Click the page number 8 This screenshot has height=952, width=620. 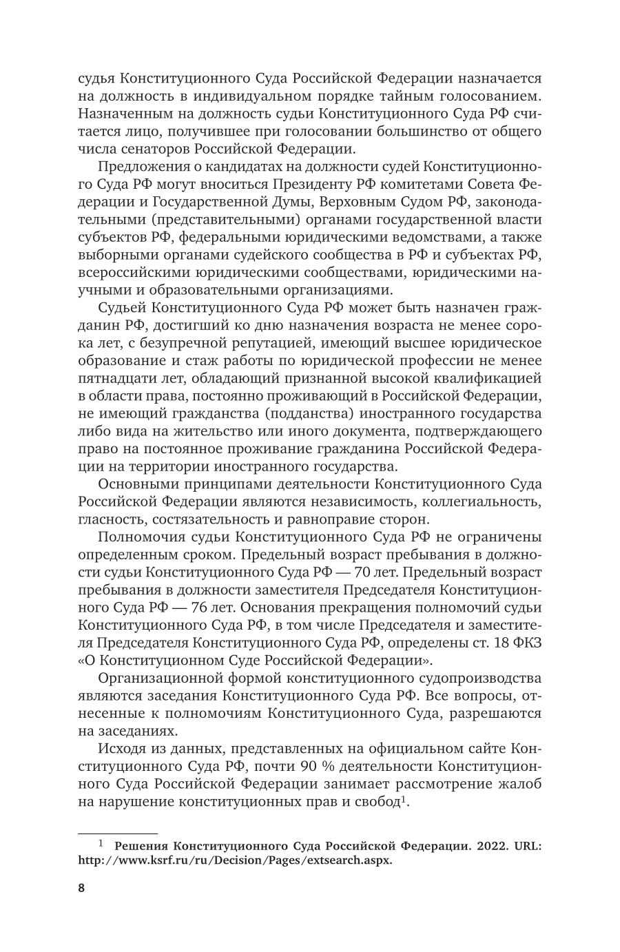[x=81, y=889]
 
